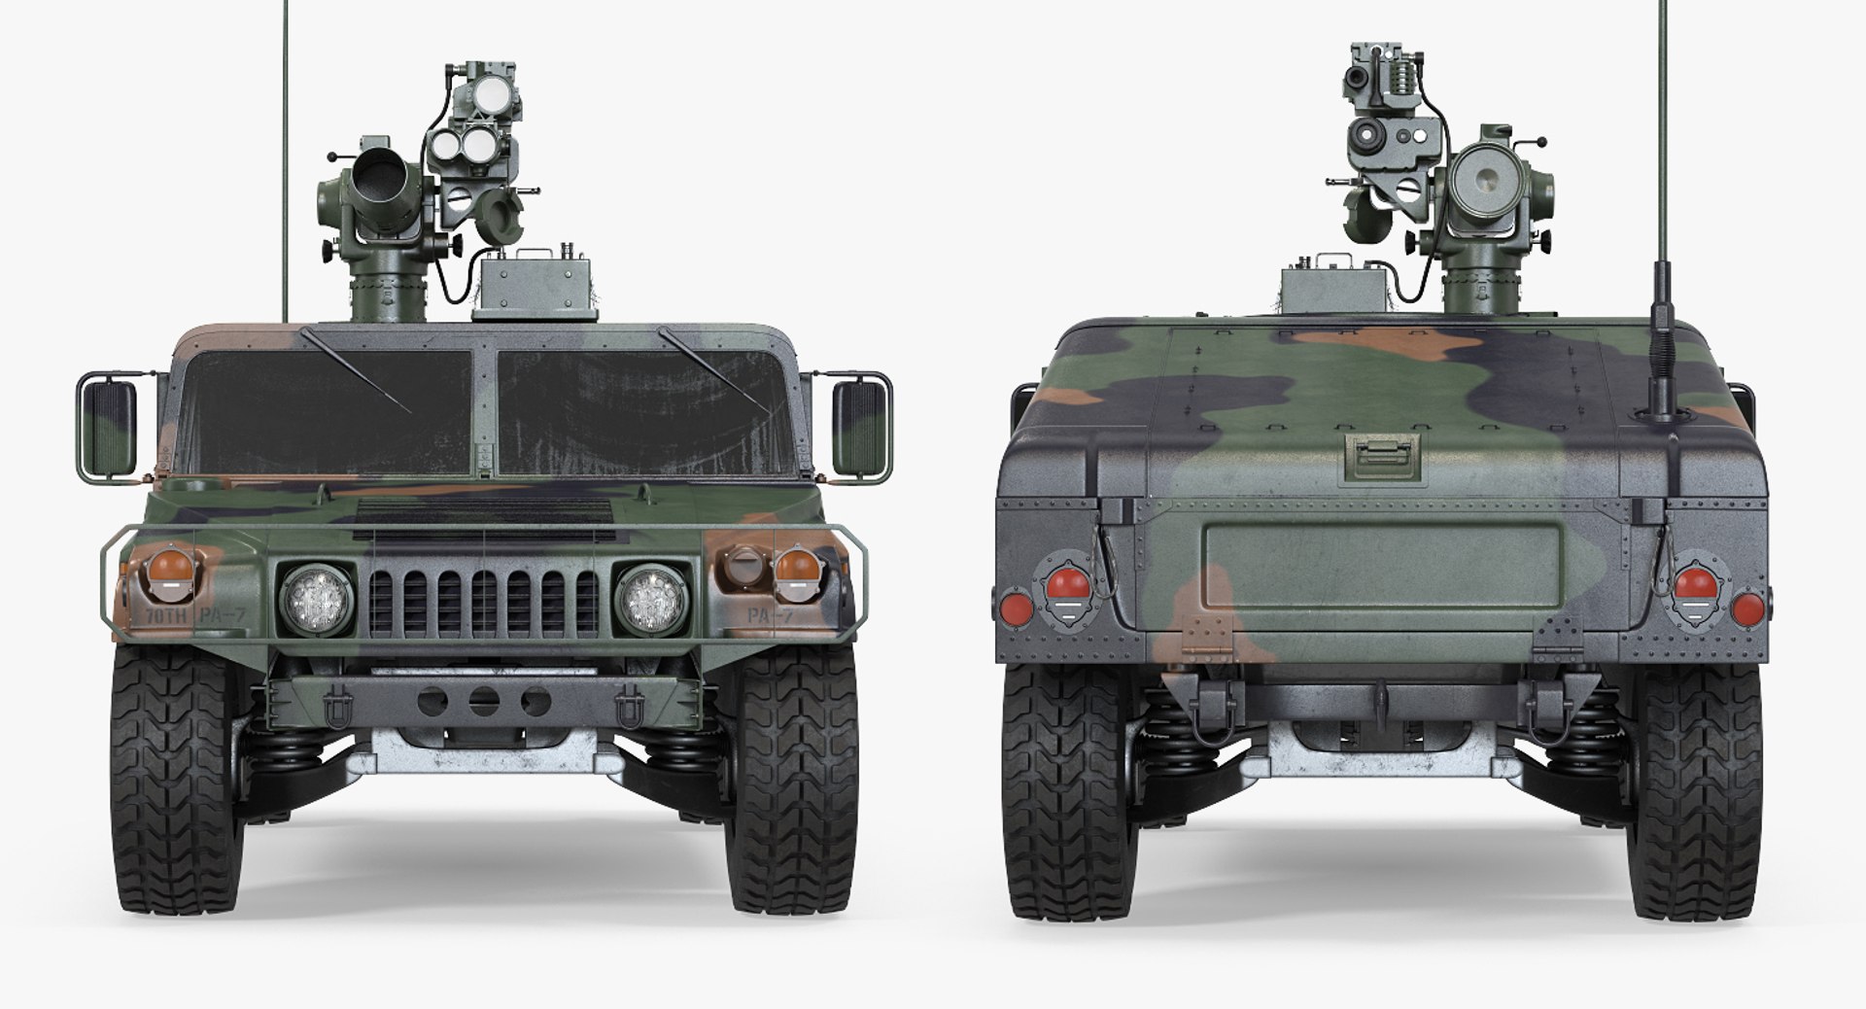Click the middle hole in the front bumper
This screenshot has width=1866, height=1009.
(483, 701)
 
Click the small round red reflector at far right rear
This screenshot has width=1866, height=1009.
(1747, 609)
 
